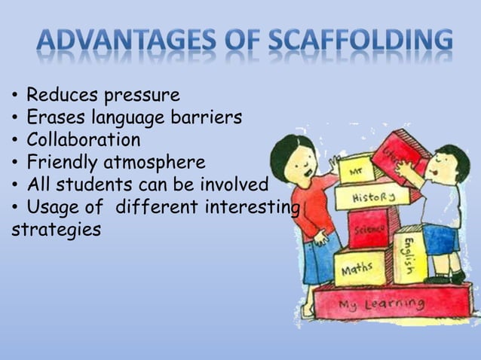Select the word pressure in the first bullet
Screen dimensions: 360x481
click(x=143, y=96)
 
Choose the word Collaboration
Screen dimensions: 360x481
click(x=83, y=140)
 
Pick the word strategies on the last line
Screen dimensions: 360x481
click(x=57, y=229)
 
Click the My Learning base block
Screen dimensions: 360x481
click(x=381, y=304)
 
